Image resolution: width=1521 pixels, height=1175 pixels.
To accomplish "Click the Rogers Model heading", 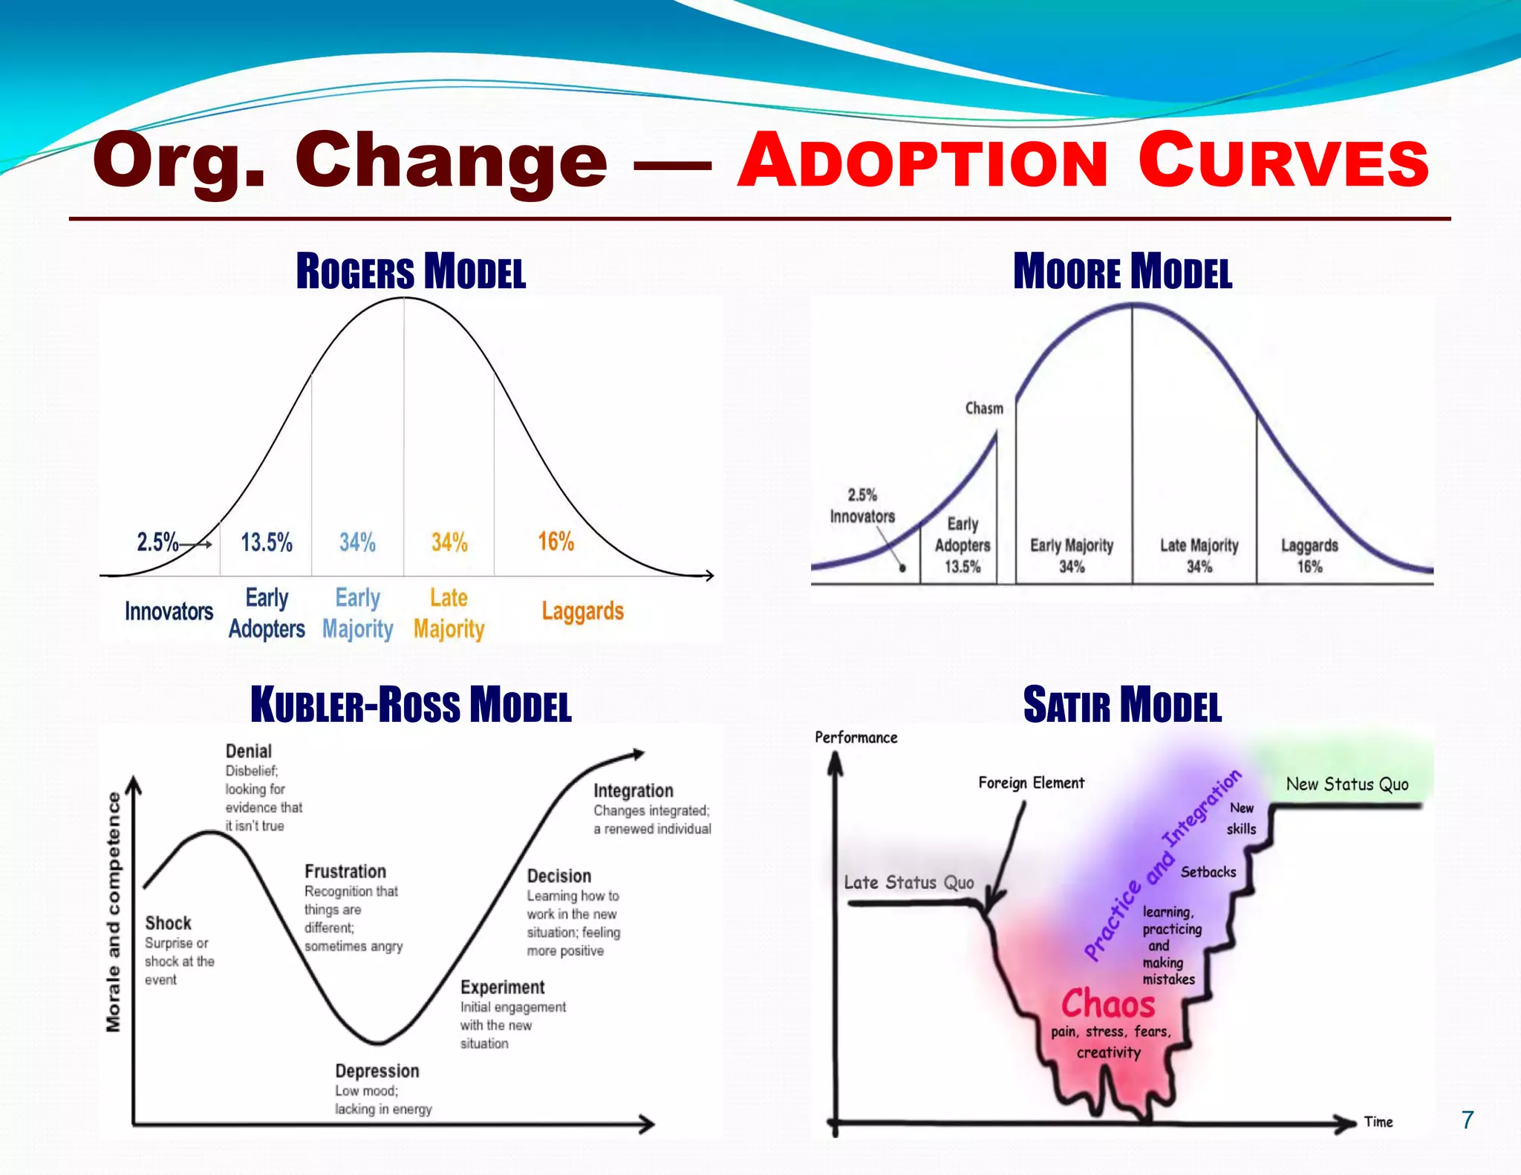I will (x=411, y=271).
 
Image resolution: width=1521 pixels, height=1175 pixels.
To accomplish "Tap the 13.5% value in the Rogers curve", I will (x=267, y=542).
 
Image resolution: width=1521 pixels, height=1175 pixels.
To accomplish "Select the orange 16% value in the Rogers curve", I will (x=556, y=541).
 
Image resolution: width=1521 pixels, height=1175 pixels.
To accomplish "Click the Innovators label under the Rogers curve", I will (x=169, y=611).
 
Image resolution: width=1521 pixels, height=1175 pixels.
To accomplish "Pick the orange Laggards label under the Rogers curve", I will (x=582, y=611).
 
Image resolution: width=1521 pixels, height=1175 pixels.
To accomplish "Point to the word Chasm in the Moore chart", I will (x=984, y=409).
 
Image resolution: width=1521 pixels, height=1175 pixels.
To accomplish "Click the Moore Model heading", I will (x=1122, y=271).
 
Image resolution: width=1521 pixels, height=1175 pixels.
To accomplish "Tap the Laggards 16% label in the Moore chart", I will (x=1309, y=556).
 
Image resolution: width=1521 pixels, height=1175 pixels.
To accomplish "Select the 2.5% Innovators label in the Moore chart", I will (x=862, y=506).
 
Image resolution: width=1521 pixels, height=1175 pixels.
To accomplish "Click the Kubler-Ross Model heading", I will (x=411, y=705).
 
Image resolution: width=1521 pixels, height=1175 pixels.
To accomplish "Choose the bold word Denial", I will (x=249, y=751).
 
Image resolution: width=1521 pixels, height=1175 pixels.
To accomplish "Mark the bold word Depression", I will (x=377, y=1071).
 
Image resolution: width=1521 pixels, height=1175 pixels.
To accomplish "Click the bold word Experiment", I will (x=502, y=987).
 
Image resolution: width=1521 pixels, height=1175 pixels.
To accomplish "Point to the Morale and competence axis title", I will (x=113, y=912).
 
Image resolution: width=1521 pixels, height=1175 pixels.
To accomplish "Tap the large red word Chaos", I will (x=1108, y=1004).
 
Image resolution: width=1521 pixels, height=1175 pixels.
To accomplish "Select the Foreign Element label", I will (x=1031, y=783).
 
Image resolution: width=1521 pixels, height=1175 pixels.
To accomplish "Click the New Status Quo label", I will (x=1347, y=784).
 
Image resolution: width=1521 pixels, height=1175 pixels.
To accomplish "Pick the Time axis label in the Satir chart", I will (x=1378, y=1122).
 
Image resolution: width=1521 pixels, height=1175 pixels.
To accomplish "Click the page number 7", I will (x=1467, y=1120).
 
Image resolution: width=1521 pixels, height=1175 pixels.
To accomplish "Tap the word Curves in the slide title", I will (x=1283, y=161).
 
